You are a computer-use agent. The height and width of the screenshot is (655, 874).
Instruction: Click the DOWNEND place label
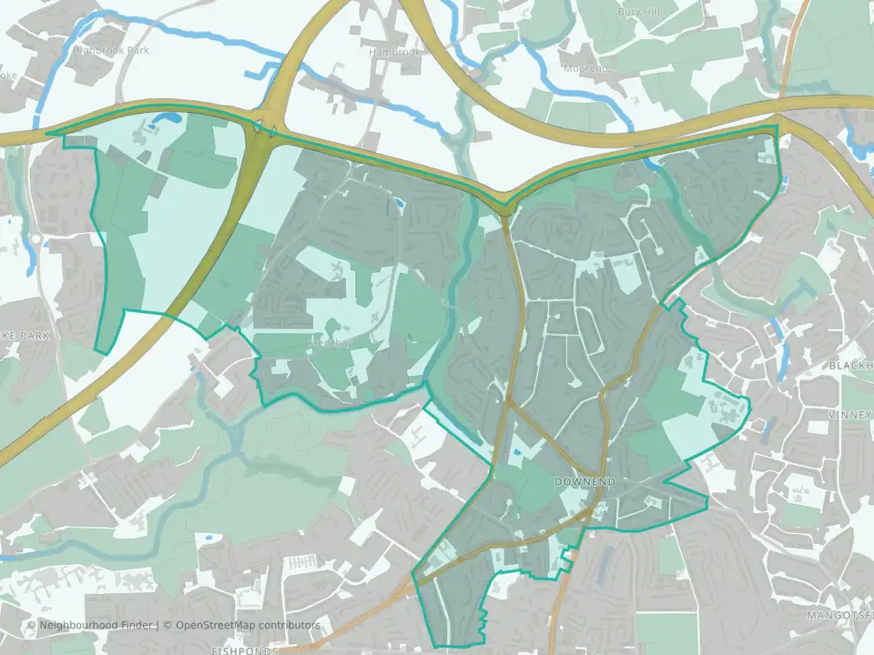pyautogui.click(x=584, y=480)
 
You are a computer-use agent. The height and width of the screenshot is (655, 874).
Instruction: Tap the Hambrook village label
pyautogui.click(x=396, y=53)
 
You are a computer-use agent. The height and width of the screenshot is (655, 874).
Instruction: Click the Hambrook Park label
pyautogui.click(x=111, y=50)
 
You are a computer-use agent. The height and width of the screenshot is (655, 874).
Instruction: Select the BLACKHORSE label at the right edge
pyautogui.click(x=850, y=365)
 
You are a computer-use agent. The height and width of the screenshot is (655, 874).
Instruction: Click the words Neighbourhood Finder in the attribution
pyautogui.click(x=97, y=625)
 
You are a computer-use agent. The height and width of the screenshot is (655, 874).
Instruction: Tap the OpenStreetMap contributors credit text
pyautogui.click(x=248, y=625)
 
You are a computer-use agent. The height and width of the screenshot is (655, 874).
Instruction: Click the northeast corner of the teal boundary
pyautogui.click(x=777, y=126)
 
